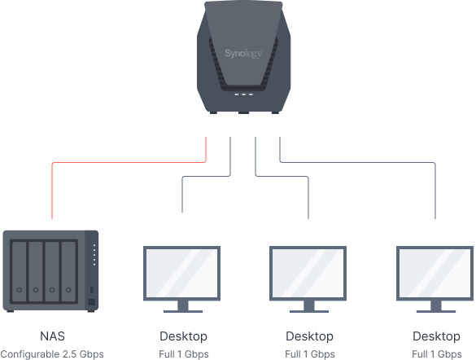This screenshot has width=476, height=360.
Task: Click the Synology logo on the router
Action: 244,54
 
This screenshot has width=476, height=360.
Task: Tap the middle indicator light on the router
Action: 243,94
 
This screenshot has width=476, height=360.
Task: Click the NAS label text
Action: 53,336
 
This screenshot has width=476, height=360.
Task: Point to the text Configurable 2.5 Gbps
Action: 52,354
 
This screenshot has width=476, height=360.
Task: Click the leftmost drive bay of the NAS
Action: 20,271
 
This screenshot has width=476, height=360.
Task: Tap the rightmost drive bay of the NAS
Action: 68,271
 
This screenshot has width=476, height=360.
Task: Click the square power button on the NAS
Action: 91,302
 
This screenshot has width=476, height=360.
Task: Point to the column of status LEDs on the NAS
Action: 94,255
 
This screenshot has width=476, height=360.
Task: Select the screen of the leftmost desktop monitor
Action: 181,273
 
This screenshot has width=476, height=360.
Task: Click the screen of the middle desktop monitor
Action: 308,273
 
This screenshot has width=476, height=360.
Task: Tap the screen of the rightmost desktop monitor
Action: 435,273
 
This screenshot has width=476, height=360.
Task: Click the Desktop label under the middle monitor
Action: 310,336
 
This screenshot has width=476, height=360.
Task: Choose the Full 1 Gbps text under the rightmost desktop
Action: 437,354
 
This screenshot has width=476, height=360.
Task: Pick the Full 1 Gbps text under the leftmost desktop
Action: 184,354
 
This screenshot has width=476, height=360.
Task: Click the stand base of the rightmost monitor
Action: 436,311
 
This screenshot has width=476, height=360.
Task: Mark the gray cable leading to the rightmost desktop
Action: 357,163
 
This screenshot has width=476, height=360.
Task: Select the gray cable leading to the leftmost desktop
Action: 207,176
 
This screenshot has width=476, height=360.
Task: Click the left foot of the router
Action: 213,112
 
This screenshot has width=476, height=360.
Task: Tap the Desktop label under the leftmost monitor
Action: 183,336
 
